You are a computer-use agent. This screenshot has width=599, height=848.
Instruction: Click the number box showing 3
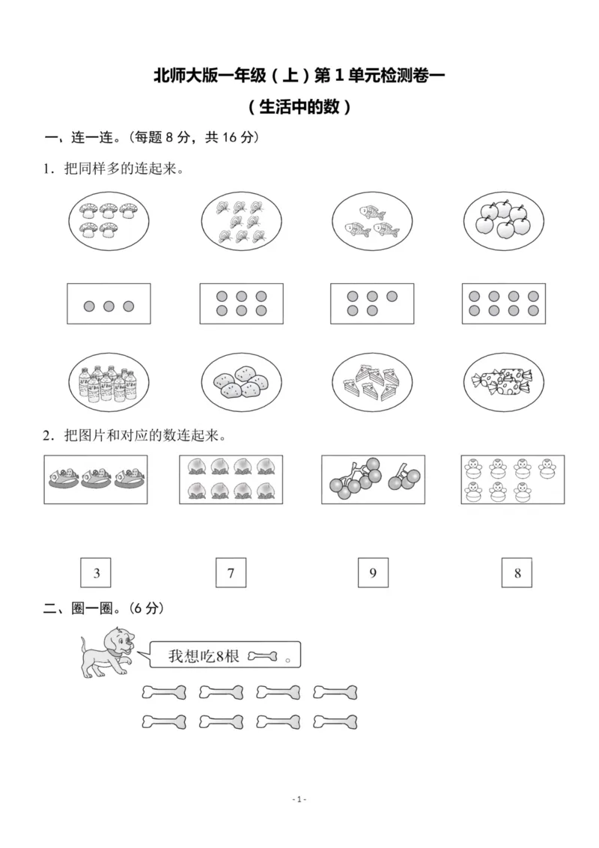(97, 574)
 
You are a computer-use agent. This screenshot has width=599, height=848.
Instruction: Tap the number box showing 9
(373, 574)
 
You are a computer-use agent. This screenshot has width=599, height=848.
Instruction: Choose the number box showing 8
(517, 574)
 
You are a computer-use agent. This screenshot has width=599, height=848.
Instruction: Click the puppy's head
(121, 642)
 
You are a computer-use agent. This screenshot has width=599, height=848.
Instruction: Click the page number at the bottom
(299, 800)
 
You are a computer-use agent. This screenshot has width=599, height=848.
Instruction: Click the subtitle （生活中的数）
(299, 107)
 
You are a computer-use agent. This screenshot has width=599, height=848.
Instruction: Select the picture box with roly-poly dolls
(512, 479)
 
